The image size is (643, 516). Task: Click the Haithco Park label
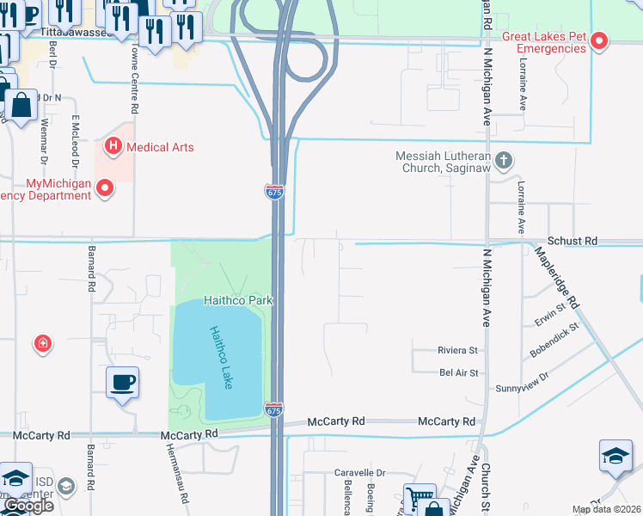click(238, 300)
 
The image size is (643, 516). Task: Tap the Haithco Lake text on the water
click(221, 357)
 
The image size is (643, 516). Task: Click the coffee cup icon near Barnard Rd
click(122, 382)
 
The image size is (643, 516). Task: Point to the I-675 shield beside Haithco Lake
click(274, 410)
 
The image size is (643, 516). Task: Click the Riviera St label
click(457, 351)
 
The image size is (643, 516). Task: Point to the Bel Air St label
click(458, 372)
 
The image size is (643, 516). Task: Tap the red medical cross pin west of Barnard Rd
click(42, 345)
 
